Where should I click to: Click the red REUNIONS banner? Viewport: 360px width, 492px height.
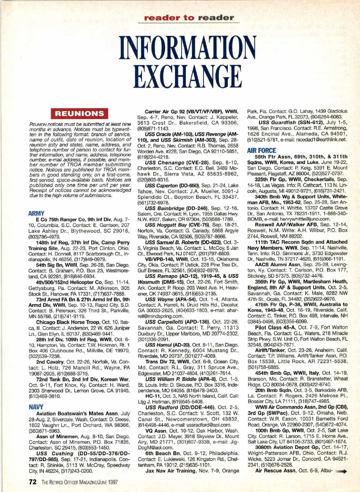tap(79, 114)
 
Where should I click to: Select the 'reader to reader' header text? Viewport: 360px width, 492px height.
tap(189, 18)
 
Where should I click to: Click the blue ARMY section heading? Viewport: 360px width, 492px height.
tap(36, 213)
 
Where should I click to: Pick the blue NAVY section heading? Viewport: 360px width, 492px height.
tap(36, 407)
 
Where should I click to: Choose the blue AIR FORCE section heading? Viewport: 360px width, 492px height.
tap(262, 151)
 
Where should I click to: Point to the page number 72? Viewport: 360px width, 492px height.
tap(33, 482)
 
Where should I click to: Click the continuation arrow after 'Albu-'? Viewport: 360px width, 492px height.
tap(342, 472)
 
